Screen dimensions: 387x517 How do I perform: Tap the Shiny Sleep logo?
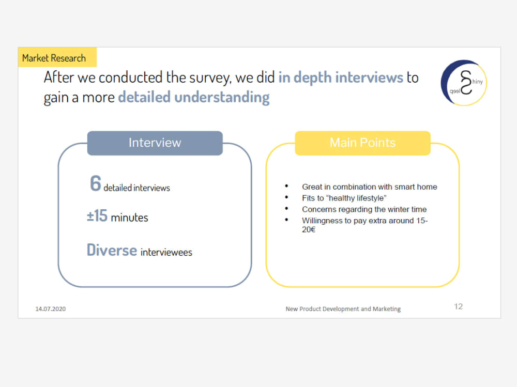click(463, 83)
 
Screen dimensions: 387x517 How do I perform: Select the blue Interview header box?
click(155, 143)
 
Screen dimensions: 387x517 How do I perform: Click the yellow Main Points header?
click(362, 143)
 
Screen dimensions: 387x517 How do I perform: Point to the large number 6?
click(95, 184)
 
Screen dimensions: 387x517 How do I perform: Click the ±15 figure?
click(97, 216)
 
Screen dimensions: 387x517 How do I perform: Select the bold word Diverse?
click(112, 250)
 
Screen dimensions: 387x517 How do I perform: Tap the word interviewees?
click(166, 252)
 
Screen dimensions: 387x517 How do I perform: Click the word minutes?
click(129, 218)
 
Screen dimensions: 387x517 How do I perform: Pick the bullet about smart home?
click(369, 187)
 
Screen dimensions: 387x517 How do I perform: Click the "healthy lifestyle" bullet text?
click(344, 198)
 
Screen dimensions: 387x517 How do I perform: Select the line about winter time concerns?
click(364, 209)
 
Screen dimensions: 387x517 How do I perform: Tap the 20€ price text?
click(309, 229)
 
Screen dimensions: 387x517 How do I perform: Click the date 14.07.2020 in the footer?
click(50, 309)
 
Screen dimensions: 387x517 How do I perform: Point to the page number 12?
click(458, 306)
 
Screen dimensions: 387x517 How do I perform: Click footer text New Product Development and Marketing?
click(343, 309)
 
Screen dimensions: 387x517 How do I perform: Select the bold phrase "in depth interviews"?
click(341, 78)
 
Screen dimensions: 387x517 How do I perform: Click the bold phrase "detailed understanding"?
click(193, 97)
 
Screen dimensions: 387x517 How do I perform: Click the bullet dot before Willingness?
click(286, 221)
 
